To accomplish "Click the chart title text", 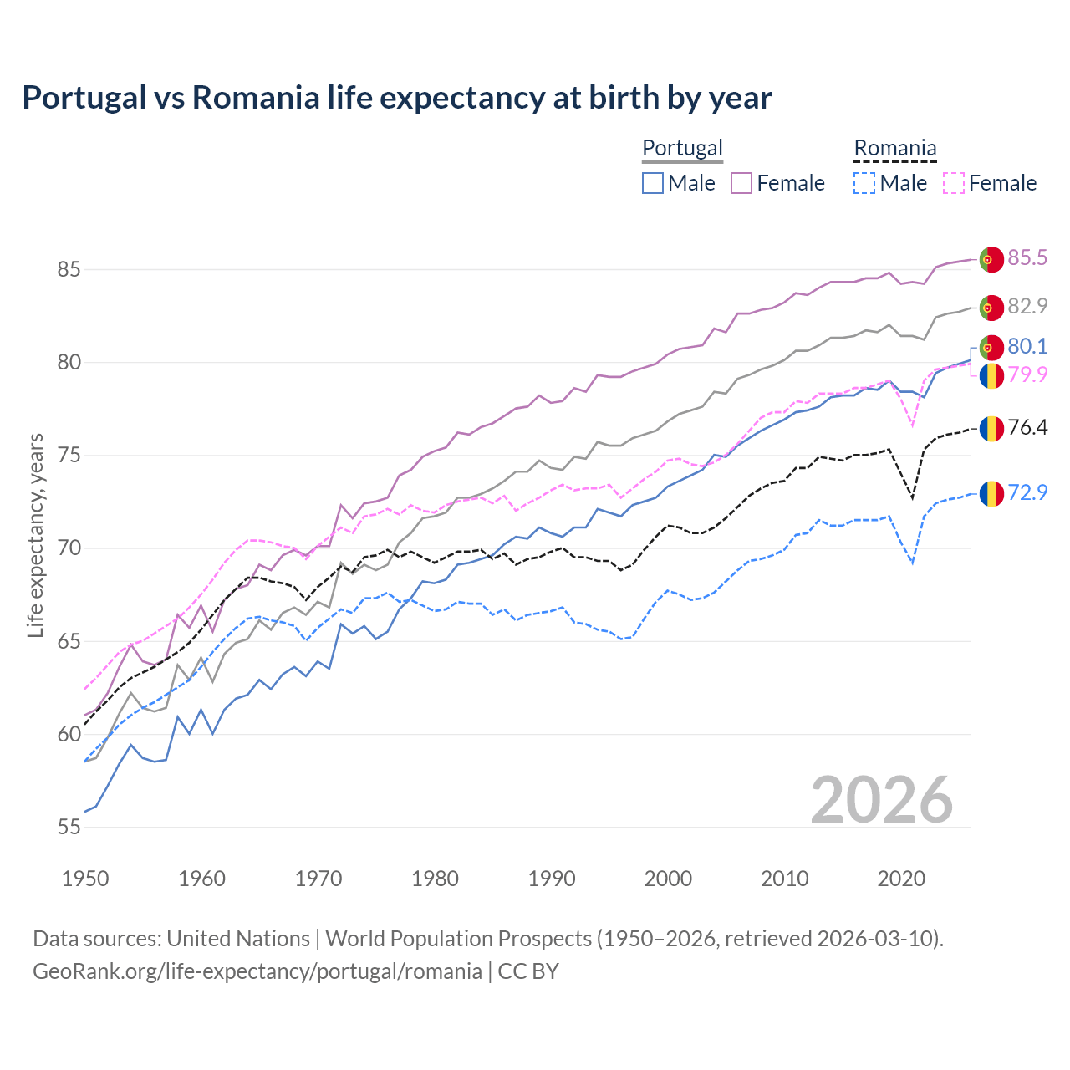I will point(397,98).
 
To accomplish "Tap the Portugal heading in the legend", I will point(682,148).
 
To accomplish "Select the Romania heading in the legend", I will point(894,148).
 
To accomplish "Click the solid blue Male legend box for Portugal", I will point(653,183).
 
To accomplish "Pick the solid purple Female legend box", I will point(741,183).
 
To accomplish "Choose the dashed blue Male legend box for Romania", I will point(864,183).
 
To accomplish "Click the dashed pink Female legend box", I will point(954,183).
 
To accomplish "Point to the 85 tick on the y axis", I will point(69,270).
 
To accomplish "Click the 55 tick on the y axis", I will point(69,828).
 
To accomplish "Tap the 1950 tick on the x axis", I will point(85,879).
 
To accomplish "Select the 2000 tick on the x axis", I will point(668,879).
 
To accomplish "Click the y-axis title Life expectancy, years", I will point(35,535).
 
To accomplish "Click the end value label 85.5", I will point(1027,257).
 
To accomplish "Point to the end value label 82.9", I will point(1027,306).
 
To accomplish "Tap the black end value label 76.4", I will point(1027,428).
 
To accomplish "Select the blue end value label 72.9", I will point(1027,492).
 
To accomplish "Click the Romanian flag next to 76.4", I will point(991,428).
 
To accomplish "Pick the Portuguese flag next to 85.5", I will point(991,258).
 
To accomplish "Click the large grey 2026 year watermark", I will point(881,800).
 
